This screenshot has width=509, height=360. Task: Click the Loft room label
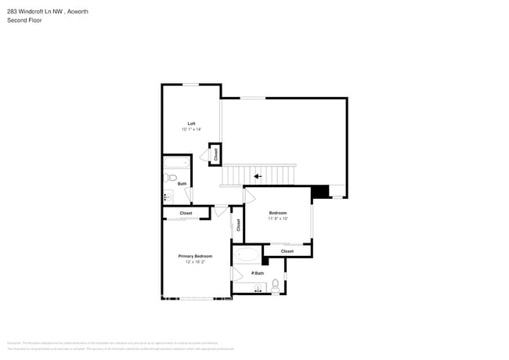(191, 123)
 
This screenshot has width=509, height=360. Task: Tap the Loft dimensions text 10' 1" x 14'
(191, 129)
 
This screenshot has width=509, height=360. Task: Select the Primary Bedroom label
(195, 256)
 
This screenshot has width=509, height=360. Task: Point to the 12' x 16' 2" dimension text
(195, 262)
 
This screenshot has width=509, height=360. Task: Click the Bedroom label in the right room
(278, 213)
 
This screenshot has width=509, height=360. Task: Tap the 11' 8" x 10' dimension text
(278, 219)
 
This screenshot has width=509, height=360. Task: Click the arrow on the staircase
(258, 177)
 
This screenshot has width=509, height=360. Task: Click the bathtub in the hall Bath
(177, 164)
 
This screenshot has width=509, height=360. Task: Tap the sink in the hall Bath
(168, 196)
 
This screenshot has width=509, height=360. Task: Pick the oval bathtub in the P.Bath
(248, 256)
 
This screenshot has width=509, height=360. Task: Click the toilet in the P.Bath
(276, 284)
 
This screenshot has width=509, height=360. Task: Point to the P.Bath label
(257, 273)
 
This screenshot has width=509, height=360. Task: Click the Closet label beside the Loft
(216, 154)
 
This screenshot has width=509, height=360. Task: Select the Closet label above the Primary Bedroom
(186, 213)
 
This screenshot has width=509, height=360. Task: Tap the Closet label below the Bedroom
(287, 251)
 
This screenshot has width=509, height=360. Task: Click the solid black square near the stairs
(319, 192)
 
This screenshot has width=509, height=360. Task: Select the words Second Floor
(24, 20)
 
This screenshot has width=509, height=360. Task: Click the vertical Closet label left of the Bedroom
(238, 225)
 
